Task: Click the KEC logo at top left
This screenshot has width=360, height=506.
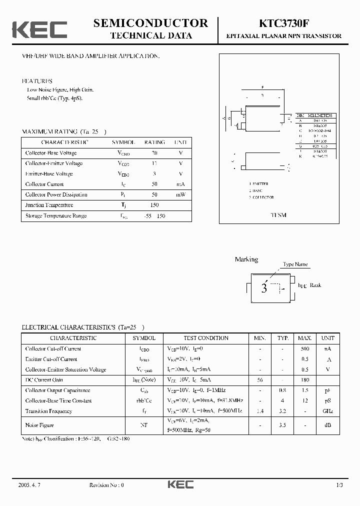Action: (x=39, y=29)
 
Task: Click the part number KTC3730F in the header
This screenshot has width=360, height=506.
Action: (x=283, y=23)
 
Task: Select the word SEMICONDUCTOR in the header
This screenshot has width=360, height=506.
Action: (x=150, y=23)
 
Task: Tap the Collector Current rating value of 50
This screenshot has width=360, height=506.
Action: (x=154, y=184)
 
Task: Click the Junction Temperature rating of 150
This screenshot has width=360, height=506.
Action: (x=154, y=205)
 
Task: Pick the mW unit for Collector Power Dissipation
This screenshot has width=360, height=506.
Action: (x=180, y=194)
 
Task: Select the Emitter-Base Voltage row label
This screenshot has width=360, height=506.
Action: (x=49, y=174)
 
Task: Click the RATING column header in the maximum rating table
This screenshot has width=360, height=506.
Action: (x=154, y=142)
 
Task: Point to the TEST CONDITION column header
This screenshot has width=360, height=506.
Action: (x=206, y=338)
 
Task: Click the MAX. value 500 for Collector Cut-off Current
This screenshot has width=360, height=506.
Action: (x=305, y=349)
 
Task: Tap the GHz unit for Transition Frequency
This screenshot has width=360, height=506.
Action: (x=328, y=411)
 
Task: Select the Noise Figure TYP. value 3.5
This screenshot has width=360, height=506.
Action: (x=283, y=425)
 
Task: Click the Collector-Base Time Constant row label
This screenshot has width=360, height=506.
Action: (x=58, y=400)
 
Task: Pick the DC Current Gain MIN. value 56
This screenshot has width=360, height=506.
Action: (x=260, y=380)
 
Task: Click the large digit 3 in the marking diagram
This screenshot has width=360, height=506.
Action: (x=264, y=288)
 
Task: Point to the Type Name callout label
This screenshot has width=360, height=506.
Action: (x=295, y=264)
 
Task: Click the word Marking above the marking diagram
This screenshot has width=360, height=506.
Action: (x=246, y=259)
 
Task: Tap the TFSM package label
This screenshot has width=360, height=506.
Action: (x=278, y=215)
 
